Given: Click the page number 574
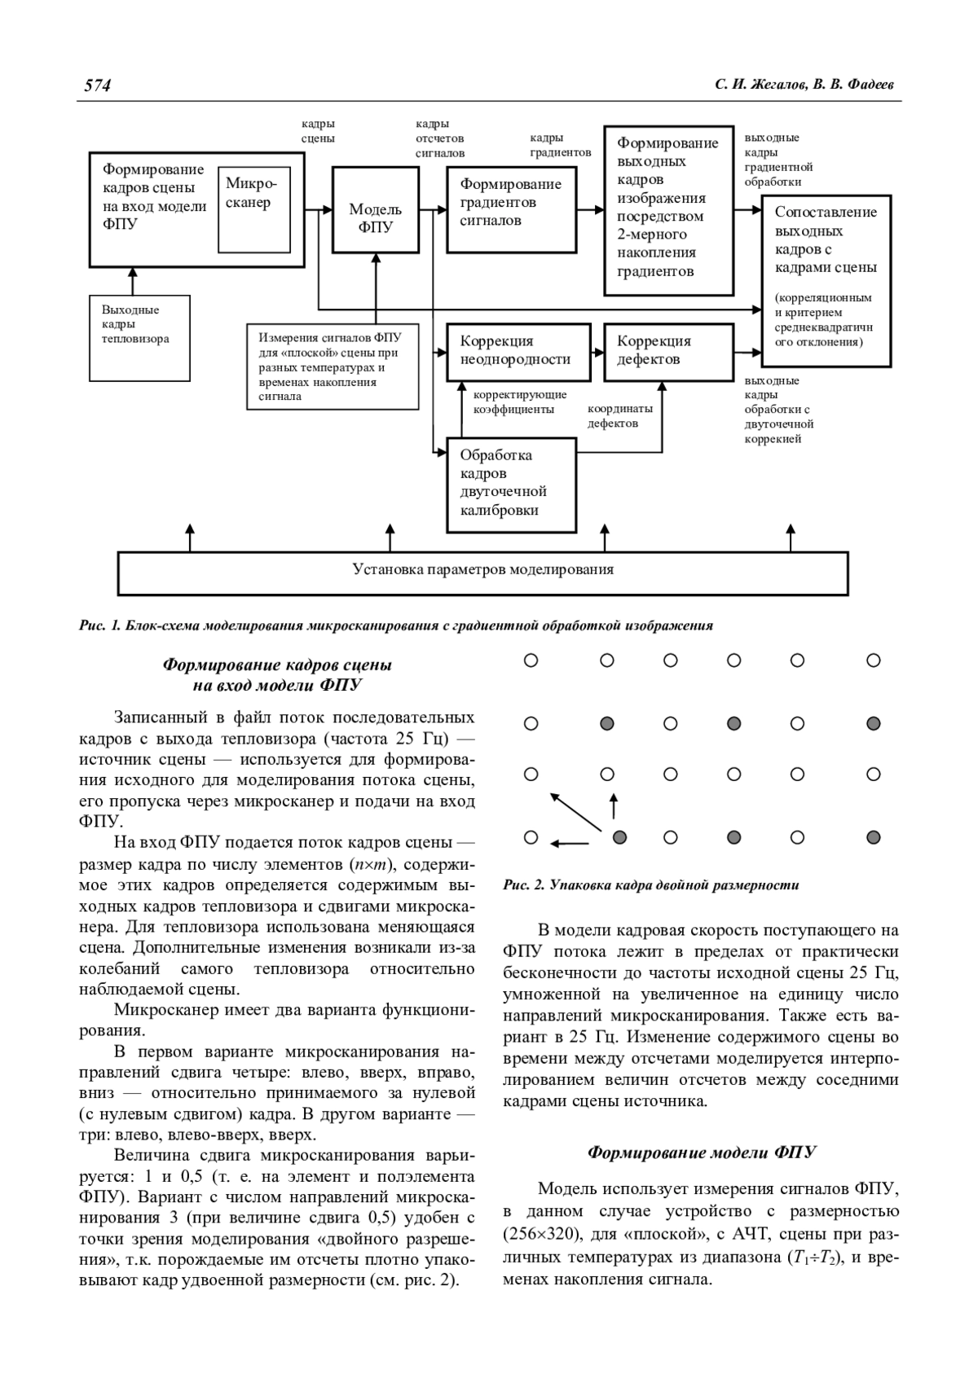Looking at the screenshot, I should point(97,86).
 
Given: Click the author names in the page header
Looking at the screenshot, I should point(806,86).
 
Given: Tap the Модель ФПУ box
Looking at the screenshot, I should point(375,211).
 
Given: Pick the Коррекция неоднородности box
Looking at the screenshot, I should point(518,352).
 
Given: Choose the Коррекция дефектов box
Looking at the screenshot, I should point(667,352).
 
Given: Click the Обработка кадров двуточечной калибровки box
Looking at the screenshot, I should point(511,484).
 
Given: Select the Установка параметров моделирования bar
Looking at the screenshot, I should point(482,570).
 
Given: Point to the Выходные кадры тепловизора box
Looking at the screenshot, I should point(139,337).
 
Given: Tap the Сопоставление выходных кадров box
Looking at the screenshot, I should point(826,279).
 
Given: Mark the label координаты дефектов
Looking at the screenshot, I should point(620,416).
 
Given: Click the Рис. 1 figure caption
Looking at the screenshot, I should point(396,626).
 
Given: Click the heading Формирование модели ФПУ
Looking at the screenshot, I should point(702,1153).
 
